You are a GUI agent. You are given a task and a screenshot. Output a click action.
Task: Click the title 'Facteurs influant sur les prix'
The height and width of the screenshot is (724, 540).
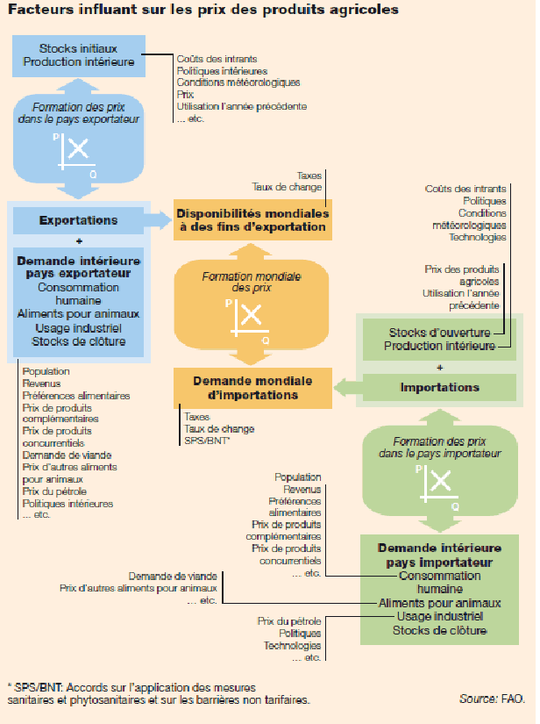(202, 11)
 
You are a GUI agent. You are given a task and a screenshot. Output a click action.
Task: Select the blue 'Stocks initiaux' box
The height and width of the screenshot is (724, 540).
(79, 55)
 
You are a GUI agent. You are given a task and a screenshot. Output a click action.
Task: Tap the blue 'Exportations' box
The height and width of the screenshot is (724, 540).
(79, 220)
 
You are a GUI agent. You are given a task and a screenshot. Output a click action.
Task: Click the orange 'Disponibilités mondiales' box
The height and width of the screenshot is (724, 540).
(252, 220)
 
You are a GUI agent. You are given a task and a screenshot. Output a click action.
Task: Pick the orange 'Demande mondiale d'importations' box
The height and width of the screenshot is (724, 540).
(252, 389)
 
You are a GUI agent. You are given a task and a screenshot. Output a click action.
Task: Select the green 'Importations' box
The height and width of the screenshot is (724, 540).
(439, 387)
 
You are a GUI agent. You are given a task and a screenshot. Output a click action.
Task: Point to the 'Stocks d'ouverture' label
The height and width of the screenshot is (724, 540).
(440, 333)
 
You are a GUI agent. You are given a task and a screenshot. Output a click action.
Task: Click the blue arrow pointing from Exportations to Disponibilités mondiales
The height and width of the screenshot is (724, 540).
(160, 219)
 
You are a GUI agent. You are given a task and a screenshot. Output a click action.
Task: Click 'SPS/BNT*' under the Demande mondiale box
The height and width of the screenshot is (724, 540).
(206, 441)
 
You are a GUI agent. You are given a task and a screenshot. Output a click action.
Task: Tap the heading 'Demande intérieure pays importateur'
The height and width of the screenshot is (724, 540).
(439, 555)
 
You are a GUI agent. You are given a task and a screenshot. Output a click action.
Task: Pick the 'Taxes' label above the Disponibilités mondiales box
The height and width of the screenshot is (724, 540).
(309, 175)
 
